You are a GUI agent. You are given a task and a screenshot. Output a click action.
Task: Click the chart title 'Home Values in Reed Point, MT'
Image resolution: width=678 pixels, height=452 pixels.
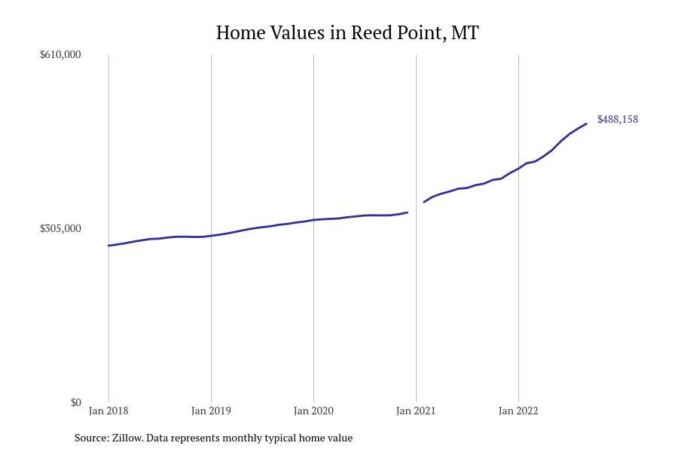click(347, 33)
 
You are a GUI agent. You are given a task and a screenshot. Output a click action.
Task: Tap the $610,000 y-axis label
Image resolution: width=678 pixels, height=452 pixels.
click(60, 54)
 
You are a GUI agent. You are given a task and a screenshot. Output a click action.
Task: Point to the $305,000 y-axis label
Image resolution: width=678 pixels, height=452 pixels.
click(60, 228)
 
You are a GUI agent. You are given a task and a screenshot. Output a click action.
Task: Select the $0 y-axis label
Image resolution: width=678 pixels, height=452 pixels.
click(75, 402)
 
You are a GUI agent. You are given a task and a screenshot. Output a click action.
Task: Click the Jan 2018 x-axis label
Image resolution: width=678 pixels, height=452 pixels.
click(108, 411)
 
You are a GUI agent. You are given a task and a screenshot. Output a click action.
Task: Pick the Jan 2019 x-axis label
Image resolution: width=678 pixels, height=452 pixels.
click(211, 411)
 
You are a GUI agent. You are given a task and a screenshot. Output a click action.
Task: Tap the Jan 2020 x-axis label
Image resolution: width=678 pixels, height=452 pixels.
click(313, 411)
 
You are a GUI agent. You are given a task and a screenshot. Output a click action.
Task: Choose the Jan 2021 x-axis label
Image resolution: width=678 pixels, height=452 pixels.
click(416, 411)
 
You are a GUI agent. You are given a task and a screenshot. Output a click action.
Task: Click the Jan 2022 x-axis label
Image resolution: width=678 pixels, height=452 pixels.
click(518, 411)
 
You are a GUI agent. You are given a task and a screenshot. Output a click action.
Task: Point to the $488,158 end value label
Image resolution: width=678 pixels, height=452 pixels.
click(618, 119)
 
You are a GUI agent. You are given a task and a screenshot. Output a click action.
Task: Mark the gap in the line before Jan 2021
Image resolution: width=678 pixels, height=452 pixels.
click(416, 207)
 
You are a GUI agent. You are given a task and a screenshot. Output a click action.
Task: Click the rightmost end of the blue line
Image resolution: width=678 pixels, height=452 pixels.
click(586, 124)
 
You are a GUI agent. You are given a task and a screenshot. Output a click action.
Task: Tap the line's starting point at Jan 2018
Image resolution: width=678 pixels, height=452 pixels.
click(108, 246)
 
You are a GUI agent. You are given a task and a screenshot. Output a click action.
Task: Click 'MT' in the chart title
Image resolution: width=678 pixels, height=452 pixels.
click(465, 33)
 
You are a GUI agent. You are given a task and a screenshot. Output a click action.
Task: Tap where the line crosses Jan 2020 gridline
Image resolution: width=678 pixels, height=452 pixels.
click(313, 220)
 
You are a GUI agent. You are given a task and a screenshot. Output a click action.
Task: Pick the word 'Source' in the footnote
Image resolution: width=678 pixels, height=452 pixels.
click(90, 438)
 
